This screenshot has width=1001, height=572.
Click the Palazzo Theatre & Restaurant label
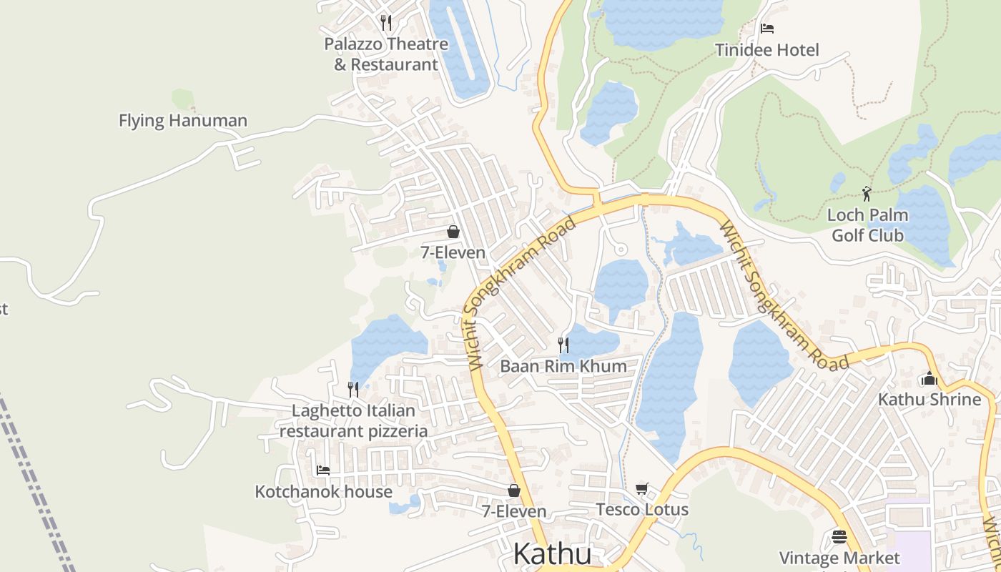click(x=386, y=54)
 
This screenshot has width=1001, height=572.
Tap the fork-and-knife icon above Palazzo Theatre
click(x=386, y=22)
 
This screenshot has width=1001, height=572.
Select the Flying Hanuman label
click(x=183, y=121)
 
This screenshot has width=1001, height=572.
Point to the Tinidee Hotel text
click(x=767, y=50)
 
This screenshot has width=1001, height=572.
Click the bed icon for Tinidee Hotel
click(x=767, y=29)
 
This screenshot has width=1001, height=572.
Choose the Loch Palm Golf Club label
click(x=867, y=225)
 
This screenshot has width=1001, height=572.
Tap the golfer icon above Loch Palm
click(x=867, y=193)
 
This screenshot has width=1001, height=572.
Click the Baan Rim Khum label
click(x=563, y=366)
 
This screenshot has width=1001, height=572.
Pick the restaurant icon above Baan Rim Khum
click(x=563, y=345)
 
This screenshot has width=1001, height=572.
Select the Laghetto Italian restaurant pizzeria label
click(x=353, y=421)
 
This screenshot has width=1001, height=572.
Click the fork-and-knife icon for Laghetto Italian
click(x=353, y=389)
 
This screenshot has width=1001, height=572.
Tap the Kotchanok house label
click(x=323, y=492)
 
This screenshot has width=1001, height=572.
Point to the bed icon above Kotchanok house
click(x=323, y=470)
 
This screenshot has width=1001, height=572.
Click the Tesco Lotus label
click(x=642, y=510)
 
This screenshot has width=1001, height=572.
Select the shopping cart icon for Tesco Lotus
click(x=642, y=489)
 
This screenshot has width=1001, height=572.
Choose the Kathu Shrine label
click(x=929, y=399)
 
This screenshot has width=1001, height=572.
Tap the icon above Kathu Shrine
click(x=929, y=378)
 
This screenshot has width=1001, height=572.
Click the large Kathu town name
click(x=553, y=554)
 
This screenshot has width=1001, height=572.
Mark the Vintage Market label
click(x=839, y=558)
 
